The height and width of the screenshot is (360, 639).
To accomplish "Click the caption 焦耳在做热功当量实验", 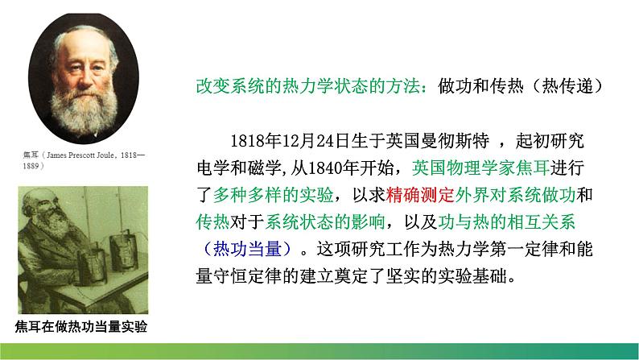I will pos(83,325).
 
